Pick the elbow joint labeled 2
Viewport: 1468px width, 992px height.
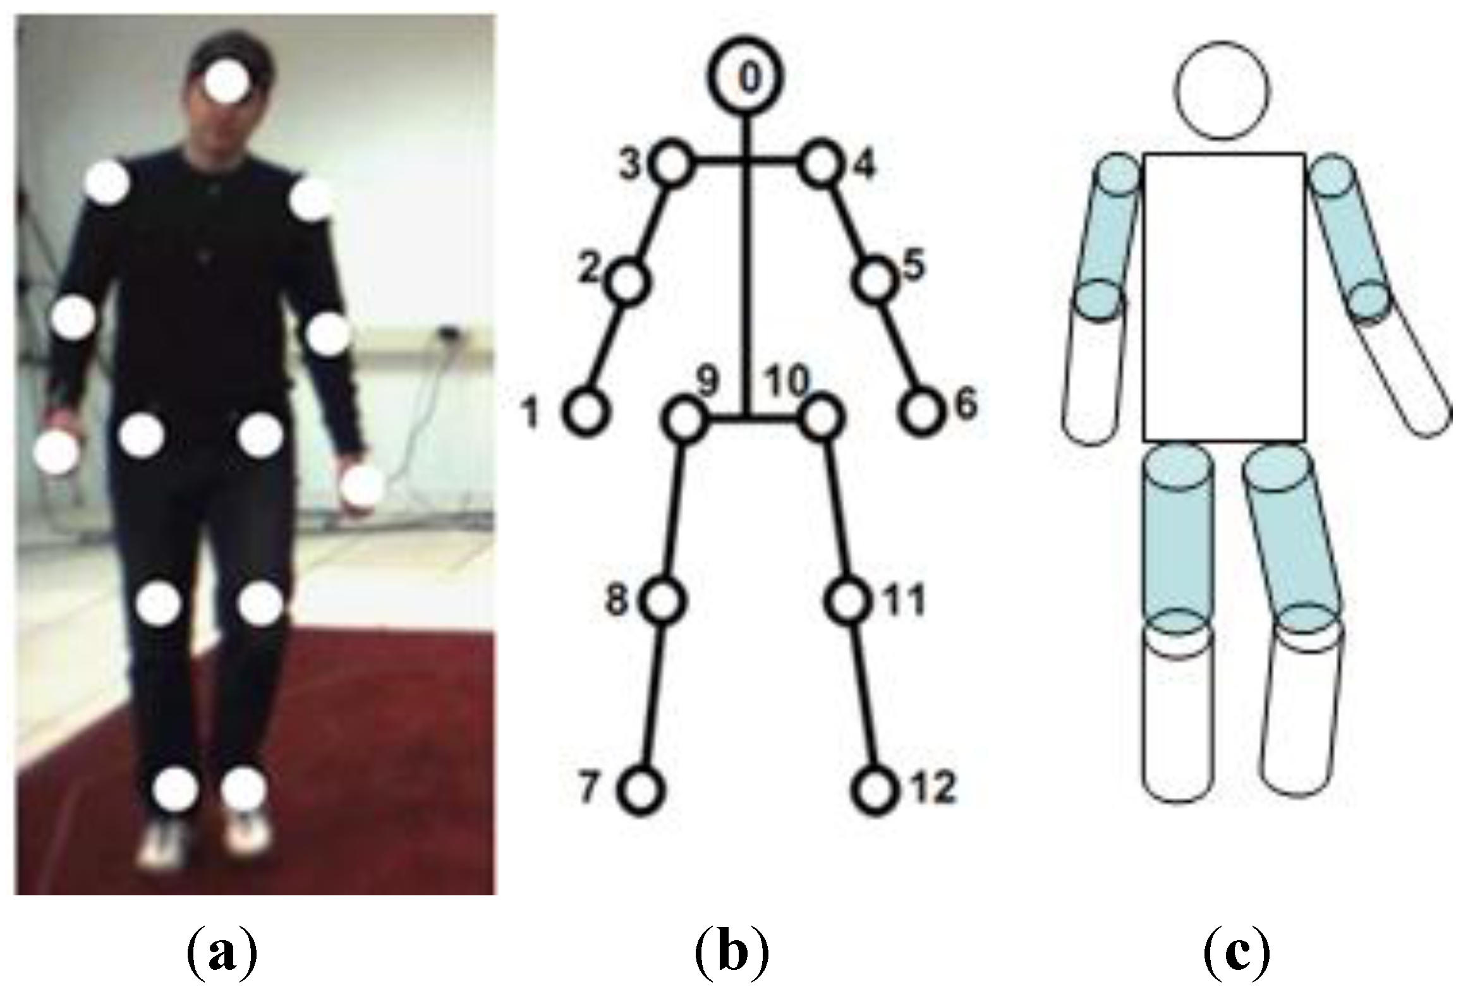point(628,282)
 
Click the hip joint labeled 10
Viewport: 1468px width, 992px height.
point(821,418)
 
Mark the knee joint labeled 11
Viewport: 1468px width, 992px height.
point(847,601)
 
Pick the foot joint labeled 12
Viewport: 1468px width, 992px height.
point(875,790)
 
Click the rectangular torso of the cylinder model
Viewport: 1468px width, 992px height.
point(1225,297)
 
